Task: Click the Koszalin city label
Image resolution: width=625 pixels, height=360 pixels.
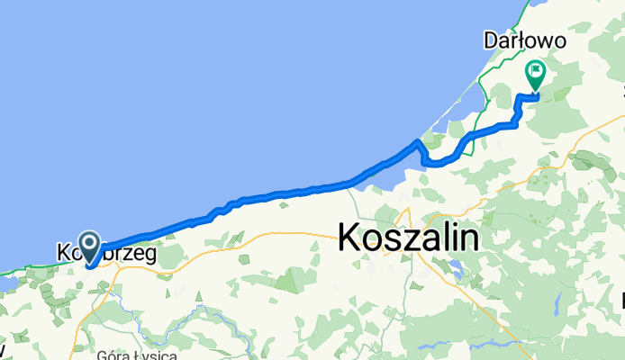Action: click(408, 238)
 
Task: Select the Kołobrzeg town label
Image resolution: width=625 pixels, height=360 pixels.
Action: click(106, 254)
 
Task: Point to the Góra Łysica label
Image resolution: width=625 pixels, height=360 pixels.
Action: click(125, 354)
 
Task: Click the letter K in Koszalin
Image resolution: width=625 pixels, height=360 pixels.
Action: click(349, 238)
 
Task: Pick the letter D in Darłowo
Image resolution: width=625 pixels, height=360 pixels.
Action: click(491, 40)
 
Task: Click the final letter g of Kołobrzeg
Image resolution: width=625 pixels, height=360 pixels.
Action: click(149, 256)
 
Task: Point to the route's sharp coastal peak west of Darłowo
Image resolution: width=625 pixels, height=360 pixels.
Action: click(416, 141)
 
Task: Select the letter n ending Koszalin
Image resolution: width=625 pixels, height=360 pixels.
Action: click(468, 238)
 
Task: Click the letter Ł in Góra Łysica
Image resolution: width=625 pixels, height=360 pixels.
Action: click(135, 354)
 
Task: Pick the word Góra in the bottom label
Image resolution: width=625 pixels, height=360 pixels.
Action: click(112, 354)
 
